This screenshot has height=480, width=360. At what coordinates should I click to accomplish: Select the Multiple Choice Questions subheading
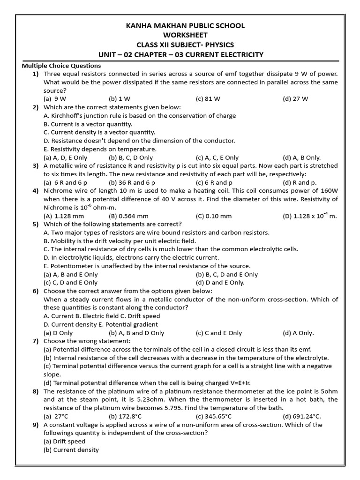tap(61, 66)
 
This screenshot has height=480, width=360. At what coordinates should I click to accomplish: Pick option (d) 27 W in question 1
tap(295, 99)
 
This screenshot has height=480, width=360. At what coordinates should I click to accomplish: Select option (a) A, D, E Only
tap(65, 157)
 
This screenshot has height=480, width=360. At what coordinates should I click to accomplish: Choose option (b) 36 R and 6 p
tap(132, 182)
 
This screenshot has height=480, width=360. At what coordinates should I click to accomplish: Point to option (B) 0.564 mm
tap(128, 216)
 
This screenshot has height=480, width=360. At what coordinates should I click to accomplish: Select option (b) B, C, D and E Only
tap(227, 274)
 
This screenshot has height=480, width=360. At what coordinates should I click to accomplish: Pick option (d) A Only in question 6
tap(298, 333)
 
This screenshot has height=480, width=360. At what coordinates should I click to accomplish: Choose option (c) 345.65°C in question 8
tap(214, 416)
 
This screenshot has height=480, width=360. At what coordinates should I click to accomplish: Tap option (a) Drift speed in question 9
tap(64, 442)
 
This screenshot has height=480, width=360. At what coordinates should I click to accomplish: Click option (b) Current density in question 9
tap(71, 450)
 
